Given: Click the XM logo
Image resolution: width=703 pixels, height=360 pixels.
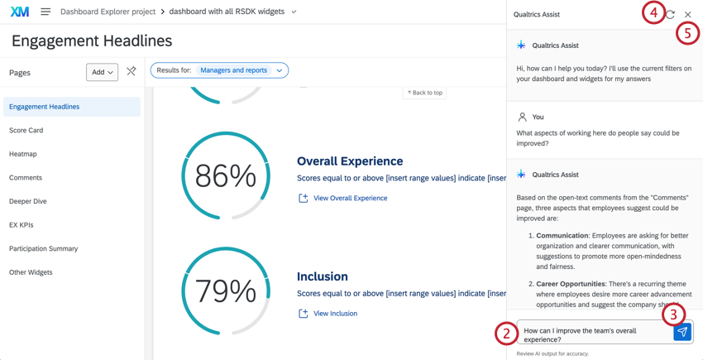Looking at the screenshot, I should pos(20,12).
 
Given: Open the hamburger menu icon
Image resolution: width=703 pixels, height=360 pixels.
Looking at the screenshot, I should pos(45,12).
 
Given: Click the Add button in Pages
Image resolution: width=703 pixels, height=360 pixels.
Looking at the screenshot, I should pos(102,72).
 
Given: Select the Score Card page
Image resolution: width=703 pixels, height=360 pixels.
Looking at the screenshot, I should pos(26,130).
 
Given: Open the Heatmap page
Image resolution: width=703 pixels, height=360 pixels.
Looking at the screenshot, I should pos(23,154).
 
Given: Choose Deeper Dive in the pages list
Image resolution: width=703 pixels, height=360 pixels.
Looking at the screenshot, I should pos(28,201).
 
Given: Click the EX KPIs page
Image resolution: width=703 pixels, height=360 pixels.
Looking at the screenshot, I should pos(22,224).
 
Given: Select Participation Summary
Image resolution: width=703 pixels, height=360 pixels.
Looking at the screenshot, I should pos(43,248).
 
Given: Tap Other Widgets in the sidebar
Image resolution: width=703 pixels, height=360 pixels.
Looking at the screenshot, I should pos(31,272).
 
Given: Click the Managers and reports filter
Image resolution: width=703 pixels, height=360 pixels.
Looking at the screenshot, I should pos(233,70).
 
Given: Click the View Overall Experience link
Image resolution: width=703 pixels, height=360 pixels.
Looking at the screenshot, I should pos(350,199).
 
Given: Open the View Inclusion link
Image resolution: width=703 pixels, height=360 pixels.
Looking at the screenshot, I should pos(335,314).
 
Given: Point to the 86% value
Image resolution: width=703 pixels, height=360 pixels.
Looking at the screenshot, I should pos(225,176).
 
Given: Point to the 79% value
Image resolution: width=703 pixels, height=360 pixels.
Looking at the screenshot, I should pos(225,291).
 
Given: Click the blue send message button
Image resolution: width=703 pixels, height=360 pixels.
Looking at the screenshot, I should pos(682,332).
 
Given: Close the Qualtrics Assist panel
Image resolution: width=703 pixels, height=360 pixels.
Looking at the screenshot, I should pos(688,14).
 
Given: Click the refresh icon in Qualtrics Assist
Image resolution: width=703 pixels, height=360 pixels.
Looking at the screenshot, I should pos(670,14).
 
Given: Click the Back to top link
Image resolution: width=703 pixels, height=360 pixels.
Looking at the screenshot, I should pos(425,93).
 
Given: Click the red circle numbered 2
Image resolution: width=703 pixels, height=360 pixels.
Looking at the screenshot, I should pos(506,333).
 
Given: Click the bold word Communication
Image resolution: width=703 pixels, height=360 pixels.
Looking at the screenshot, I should pos(563,236).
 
